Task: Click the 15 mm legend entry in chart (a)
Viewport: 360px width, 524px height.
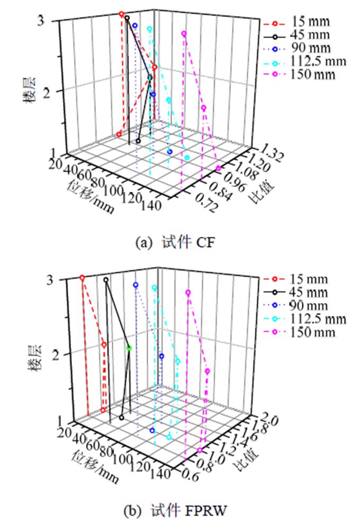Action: coord(310,22)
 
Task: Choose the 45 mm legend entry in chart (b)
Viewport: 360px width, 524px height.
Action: coord(310,292)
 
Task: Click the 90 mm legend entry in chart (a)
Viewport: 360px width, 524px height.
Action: coord(310,48)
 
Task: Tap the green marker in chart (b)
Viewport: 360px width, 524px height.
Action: coord(129,348)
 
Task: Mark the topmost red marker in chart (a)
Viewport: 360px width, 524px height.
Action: coord(122,14)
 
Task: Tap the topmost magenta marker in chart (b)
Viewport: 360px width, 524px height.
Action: coord(188,292)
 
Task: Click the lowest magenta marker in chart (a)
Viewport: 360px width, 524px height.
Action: coord(218,168)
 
